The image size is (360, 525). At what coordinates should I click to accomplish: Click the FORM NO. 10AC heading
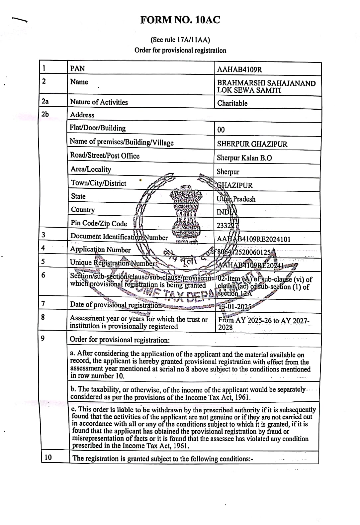pyautogui.click(x=180, y=20)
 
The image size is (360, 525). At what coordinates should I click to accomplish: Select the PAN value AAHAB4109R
pyautogui.click(x=239, y=69)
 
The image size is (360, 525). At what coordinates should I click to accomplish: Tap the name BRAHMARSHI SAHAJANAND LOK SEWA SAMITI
pyautogui.click(x=266, y=86)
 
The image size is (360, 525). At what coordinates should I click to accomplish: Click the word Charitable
pyautogui.click(x=232, y=103)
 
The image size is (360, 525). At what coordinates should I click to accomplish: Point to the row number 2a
pyautogui.click(x=45, y=101)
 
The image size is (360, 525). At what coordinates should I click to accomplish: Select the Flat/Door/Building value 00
pyautogui.click(x=221, y=130)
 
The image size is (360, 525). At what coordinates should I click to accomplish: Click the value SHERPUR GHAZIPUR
pyautogui.click(x=252, y=144)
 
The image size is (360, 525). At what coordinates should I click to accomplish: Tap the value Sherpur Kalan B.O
pyautogui.click(x=244, y=158)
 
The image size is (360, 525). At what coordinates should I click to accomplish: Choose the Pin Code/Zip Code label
pyautogui.click(x=99, y=223)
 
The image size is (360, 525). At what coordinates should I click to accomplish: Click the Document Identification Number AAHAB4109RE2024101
pyautogui.click(x=253, y=239)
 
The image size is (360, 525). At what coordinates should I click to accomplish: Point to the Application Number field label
pyautogui.click(x=100, y=250)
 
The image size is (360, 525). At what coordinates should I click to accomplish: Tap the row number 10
pyautogui.click(x=48, y=457)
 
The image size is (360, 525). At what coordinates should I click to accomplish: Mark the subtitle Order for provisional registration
pyautogui.click(x=180, y=51)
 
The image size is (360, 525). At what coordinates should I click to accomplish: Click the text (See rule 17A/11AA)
pyautogui.click(x=180, y=40)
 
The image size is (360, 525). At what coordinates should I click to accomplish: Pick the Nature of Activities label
pyautogui.click(x=99, y=102)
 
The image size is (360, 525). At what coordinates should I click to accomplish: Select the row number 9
pyautogui.click(x=43, y=339)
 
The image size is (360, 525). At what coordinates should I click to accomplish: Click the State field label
pyautogui.click(x=78, y=196)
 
